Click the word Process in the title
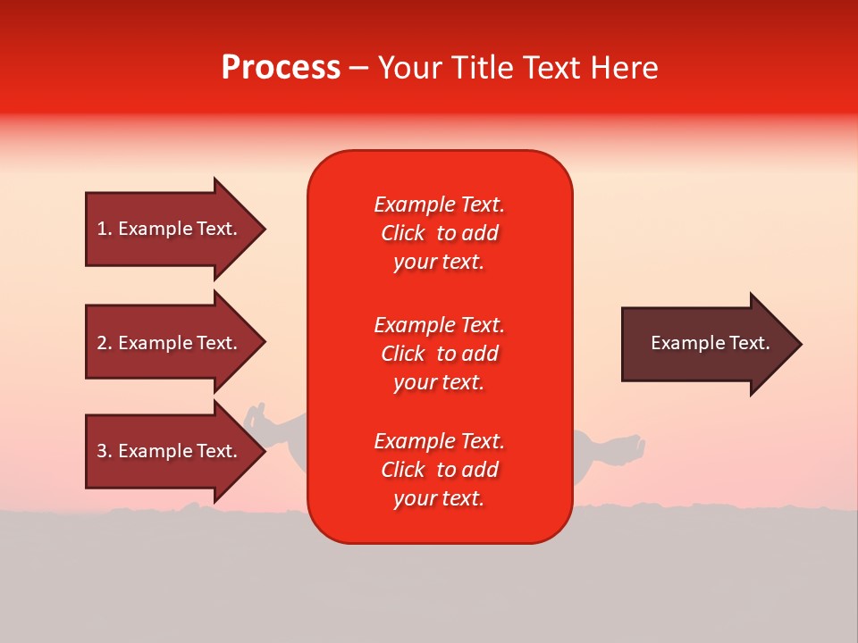tap(281, 68)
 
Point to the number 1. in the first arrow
tap(105, 229)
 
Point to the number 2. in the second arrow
tap(105, 343)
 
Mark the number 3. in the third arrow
tap(105, 451)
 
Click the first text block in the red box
tap(439, 233)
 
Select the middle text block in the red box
tap(439, 354)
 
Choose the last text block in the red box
tap(439, 470)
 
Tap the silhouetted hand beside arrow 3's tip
tap(256, 414)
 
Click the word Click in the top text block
tap(403, 233)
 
